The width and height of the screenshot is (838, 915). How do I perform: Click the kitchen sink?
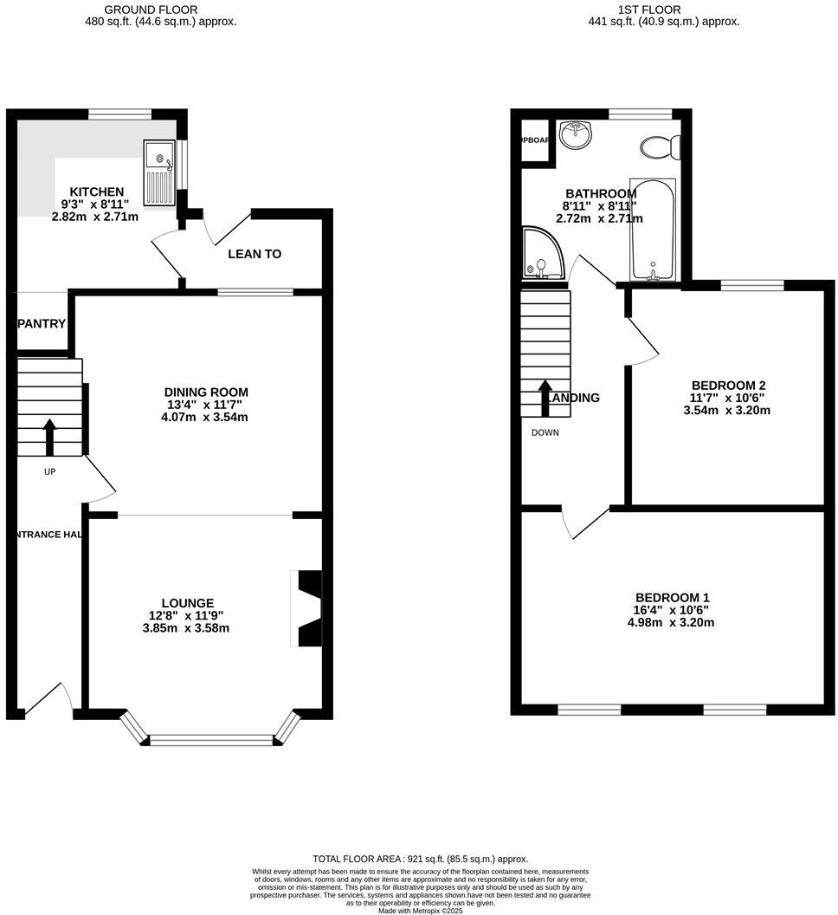tap(160, 173)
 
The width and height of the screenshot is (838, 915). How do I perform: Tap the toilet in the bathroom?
tap(661, 147)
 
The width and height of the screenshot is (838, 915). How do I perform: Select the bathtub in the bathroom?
tap(654, 230)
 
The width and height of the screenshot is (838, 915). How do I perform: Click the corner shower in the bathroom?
tap(541, 253)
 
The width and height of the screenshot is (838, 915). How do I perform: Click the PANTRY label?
tap(42, 324)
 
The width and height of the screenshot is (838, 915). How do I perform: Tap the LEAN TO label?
tap(255, 254)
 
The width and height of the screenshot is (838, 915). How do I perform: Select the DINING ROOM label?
tap(205, 393)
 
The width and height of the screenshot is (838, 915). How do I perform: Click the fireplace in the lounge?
tap(307, 608)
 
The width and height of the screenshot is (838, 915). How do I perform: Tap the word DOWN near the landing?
tap(545, 432)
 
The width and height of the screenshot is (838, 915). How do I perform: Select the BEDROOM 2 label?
tap(728, 386)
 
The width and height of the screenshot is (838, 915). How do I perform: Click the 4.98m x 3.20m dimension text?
tap(672, 622)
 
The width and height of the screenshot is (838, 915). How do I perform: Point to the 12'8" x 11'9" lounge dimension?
tap(186, 616)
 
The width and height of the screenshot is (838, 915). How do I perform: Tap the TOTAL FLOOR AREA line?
tap(420, 859)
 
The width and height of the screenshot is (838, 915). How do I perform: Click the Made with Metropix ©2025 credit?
tap(420, 910)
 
